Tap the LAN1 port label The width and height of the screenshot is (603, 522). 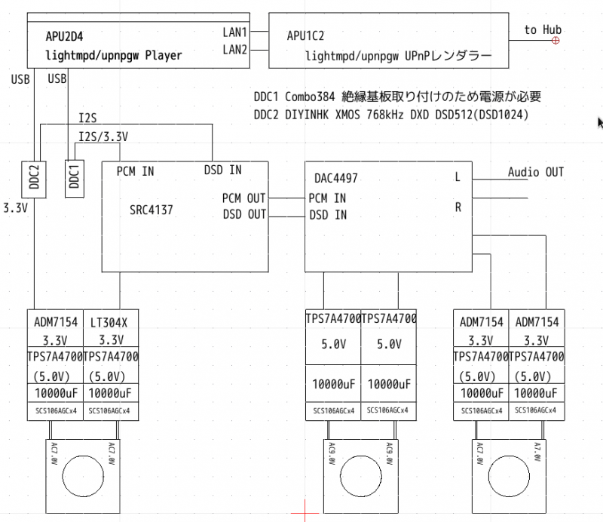[x=235, y=32]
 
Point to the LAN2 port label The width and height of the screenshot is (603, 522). [x=235, y=50]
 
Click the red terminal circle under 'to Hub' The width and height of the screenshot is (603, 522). [x=556, y=40]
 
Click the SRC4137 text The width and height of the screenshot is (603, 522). [x=151, y=210]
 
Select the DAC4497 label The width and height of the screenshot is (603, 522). [x=335, y=179]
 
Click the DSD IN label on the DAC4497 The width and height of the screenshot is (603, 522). [x=327, y=214]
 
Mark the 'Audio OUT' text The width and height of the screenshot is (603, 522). [x=535, y=172]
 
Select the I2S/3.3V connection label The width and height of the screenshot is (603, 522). [x=103, y=137]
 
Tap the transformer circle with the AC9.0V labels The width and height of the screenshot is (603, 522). [x=360, y=477]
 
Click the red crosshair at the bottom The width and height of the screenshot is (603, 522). [x=305, y=511]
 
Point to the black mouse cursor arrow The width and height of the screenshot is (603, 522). [x=600, y=123]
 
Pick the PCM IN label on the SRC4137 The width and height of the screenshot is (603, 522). [x=135, y=171]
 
